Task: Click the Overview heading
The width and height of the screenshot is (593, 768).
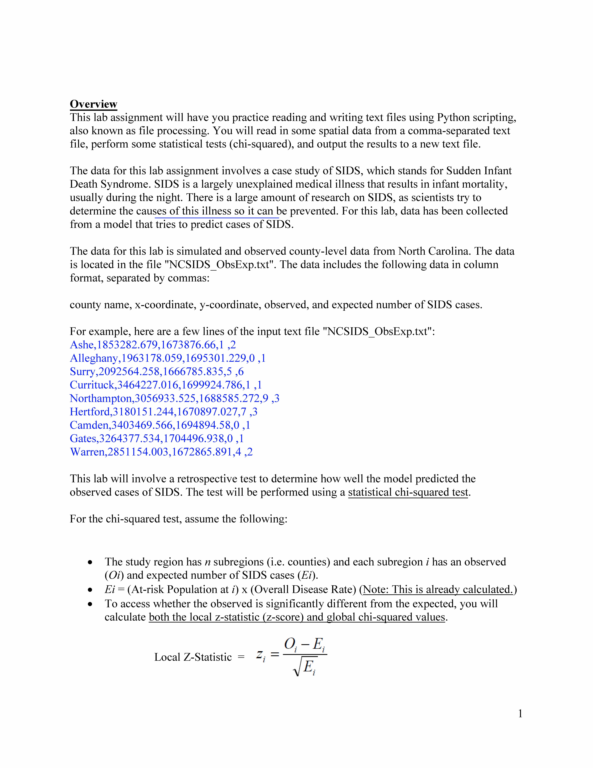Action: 93,104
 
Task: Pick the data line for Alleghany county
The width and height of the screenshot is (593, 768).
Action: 168,358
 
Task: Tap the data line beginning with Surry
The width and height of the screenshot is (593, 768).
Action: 157,372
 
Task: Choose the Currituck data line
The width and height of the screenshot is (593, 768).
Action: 166,385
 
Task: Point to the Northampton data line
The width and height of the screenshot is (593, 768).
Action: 175,398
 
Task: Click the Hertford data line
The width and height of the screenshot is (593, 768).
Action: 163,412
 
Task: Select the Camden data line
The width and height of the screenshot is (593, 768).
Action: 160,425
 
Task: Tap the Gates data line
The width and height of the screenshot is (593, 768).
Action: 157,439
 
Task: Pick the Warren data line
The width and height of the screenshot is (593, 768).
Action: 161,452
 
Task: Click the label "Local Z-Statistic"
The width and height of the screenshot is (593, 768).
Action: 193,657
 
